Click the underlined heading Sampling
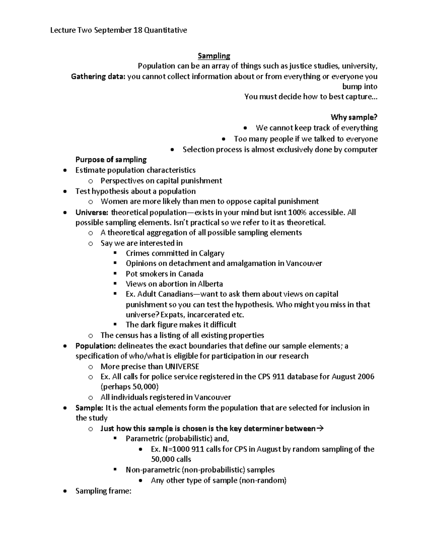214,56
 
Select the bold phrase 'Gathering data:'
98,77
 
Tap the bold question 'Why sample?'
354,117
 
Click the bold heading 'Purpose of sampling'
111,159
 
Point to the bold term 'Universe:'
92,213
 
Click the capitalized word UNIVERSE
182,366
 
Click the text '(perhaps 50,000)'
129,387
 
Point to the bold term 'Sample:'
89,408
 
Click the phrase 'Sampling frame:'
103,491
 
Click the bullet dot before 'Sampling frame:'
64,492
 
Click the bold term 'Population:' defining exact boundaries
96,346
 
